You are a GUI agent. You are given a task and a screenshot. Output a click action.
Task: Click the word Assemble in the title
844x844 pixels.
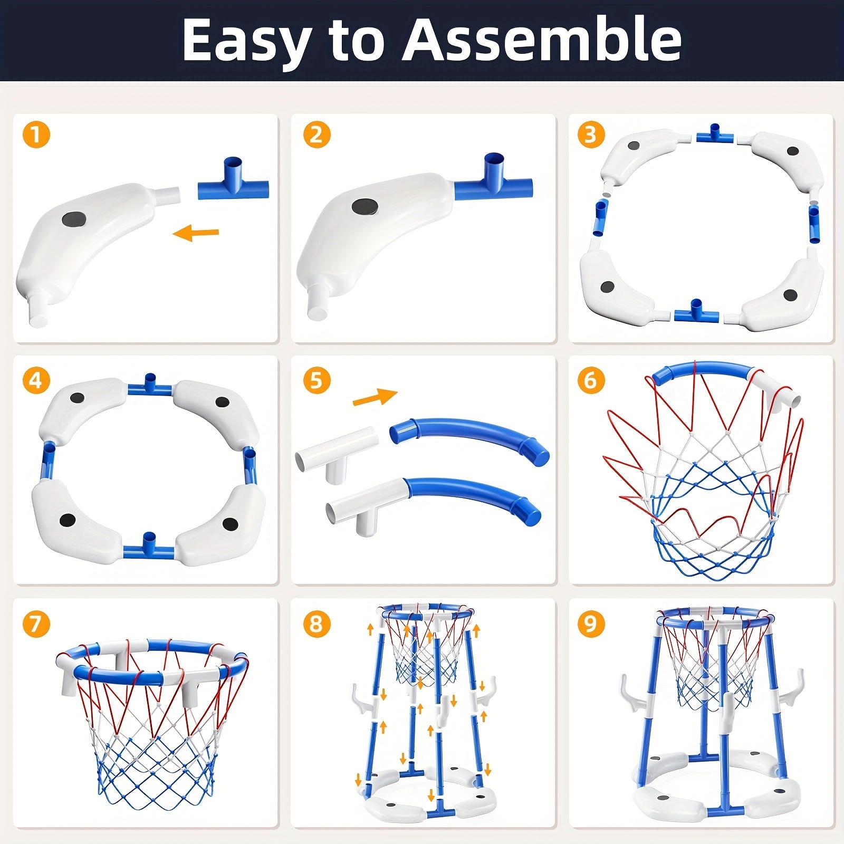[542, 41]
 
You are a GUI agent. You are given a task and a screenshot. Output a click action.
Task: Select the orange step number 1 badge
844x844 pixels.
[36, 135]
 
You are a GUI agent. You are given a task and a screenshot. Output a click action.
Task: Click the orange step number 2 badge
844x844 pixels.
[316, 135]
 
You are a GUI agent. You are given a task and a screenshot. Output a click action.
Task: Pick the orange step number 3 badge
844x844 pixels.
[590, 135]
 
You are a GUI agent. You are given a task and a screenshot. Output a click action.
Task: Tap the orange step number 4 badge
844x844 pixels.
[36, 380]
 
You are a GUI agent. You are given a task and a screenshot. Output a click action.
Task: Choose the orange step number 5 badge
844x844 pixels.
[316, 380]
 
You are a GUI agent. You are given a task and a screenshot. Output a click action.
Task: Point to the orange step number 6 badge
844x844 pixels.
[590, 380]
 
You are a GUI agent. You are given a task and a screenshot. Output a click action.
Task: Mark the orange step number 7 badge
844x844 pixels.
[36, 624]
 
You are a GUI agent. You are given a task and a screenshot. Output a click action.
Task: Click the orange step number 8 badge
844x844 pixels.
[316, 624]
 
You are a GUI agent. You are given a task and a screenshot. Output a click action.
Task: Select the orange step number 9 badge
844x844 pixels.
[590, 624]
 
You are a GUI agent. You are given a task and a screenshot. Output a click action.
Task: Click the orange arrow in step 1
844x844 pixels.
[196, 232]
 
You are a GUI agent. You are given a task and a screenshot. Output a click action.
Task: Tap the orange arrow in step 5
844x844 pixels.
[375, 397]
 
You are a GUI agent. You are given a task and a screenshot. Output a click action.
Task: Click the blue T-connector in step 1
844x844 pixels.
[233, 178]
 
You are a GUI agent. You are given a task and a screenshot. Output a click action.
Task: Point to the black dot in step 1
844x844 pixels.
[74, 219]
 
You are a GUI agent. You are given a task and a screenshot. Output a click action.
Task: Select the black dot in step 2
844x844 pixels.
[365, 207]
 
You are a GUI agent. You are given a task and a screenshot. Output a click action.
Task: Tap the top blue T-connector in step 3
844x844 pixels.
[715, 134]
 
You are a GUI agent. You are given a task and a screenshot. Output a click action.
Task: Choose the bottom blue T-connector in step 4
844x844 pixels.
[149, 546]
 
